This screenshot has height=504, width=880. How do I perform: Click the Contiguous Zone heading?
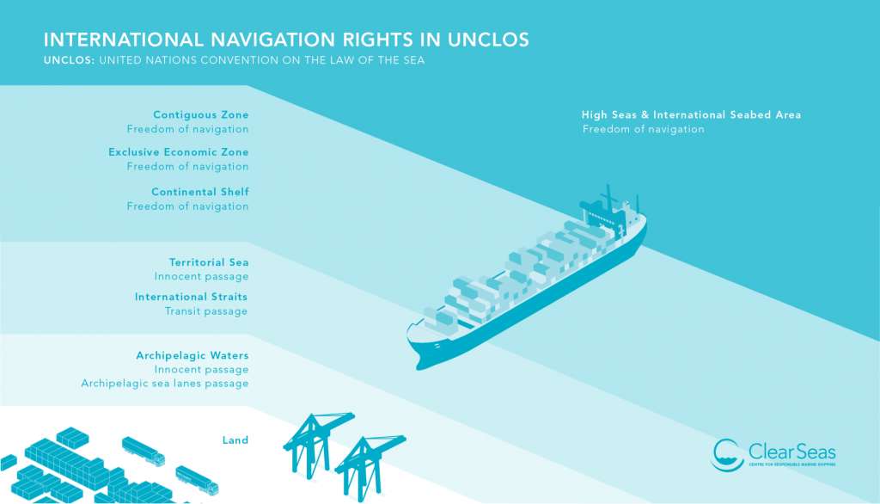[201, 114]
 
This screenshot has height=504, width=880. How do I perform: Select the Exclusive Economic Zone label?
[179, 152]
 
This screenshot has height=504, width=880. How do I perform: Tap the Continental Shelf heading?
[199, 192]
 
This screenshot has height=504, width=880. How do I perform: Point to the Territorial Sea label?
[209, 262]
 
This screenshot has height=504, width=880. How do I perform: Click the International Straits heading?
[191, 297]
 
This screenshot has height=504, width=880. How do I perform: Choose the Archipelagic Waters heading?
[192, 356]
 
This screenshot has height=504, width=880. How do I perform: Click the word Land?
[235, 440]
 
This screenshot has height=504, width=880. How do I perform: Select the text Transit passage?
[206, 311]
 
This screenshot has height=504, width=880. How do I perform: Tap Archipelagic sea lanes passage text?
[165, 384]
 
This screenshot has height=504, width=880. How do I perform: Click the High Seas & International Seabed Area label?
[691, 114]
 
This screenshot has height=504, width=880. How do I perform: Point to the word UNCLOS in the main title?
[488, 40]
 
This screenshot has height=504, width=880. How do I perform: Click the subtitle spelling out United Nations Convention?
[262, 60]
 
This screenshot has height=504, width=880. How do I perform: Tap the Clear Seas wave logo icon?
[728, 455]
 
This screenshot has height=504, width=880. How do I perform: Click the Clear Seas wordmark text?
[791, 452]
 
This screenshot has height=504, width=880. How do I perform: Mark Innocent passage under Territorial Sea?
[201, 276]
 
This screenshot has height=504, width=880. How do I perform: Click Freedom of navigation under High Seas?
[643, 129]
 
